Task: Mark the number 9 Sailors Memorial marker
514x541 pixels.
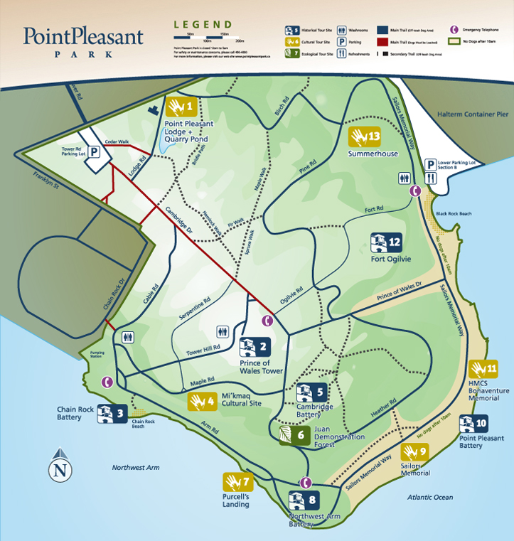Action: coord(414,453)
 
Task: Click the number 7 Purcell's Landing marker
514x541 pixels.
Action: coord(237,482)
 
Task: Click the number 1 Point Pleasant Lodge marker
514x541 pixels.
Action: coord(181,108)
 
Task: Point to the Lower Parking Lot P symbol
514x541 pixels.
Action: coord(430,166)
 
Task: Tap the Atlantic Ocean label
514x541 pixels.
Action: coord(430,498)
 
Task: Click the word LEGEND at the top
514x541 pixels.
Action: coord(203,24)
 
